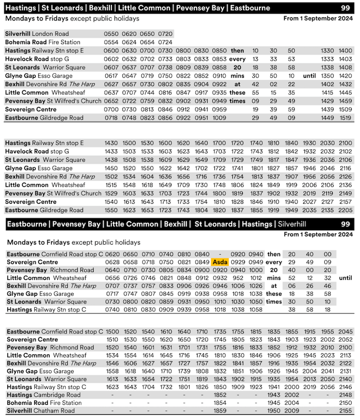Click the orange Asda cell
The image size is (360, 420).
click(x=219, y=262)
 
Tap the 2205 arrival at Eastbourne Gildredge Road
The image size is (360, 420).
click(x=345, y=209)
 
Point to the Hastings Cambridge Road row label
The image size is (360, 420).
click(x=43, y=395)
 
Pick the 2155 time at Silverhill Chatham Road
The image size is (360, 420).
click(x=345, y=411)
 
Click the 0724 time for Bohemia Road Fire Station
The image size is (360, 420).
click(x=166, y=42)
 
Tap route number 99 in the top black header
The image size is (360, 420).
click(x=345, y=8)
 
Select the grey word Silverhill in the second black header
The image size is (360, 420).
click(x=295, y=224)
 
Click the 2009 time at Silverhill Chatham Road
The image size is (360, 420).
click(x=292, y=411)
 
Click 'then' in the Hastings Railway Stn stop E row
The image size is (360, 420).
click(x=237, y=50)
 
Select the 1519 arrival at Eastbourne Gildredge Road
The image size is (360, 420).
click(x=345, y=118)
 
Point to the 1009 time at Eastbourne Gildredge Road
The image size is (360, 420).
click(x=219, y=118)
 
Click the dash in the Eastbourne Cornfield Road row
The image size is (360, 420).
click(x=219, y=254)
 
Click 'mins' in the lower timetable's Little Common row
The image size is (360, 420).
click(x=274, y=278)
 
